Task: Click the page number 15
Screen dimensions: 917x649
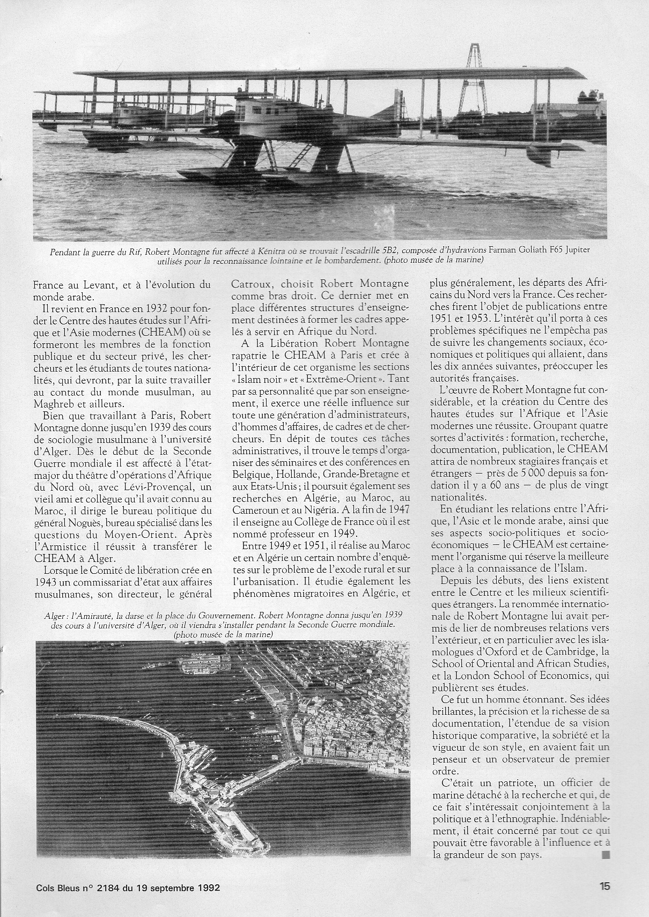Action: click(604, 886)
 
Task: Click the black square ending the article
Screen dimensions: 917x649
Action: click(606, 854)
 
